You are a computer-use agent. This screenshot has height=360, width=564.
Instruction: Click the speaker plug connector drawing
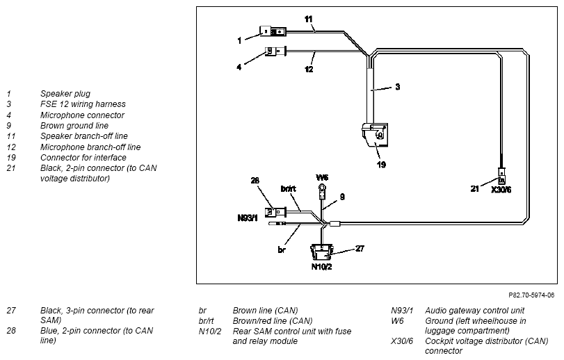tap(273, 31)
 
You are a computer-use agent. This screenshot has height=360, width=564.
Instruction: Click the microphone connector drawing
tap(275, 51)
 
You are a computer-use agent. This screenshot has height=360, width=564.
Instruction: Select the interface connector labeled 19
tap(375, 135)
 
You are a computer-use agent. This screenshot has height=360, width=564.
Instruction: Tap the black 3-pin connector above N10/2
tap(322, 252)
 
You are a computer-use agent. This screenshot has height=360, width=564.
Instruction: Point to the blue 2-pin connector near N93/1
tap(275, 212)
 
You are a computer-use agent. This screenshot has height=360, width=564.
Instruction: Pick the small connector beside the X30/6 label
tap(502, 176)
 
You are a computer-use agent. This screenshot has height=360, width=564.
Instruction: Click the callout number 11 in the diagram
tap(309, 19)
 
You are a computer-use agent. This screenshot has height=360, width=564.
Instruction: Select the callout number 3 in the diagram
tap(398, 87)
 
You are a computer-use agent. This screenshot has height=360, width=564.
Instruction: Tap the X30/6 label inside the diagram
tap(501, 189)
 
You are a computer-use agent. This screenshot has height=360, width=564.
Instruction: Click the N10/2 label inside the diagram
tap(321, 267)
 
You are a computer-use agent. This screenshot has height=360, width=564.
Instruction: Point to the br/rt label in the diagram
tap(288, 188)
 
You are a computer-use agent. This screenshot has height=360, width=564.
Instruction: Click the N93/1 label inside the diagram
tap(248, 218)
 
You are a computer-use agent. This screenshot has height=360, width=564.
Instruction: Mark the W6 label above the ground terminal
tap(322, 177)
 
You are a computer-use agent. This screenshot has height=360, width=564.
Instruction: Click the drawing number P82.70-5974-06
tap(531, 295)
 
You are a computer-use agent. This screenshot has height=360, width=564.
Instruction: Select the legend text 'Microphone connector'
tap(82, 115)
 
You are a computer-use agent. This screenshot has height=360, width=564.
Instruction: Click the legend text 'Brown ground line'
tap(74, 125)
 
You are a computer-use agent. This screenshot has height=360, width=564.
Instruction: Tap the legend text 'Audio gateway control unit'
tap(474, 311)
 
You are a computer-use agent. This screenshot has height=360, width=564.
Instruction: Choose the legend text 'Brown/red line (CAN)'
tap(273, 320)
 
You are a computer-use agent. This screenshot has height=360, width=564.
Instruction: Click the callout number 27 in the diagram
tap(360, 248)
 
